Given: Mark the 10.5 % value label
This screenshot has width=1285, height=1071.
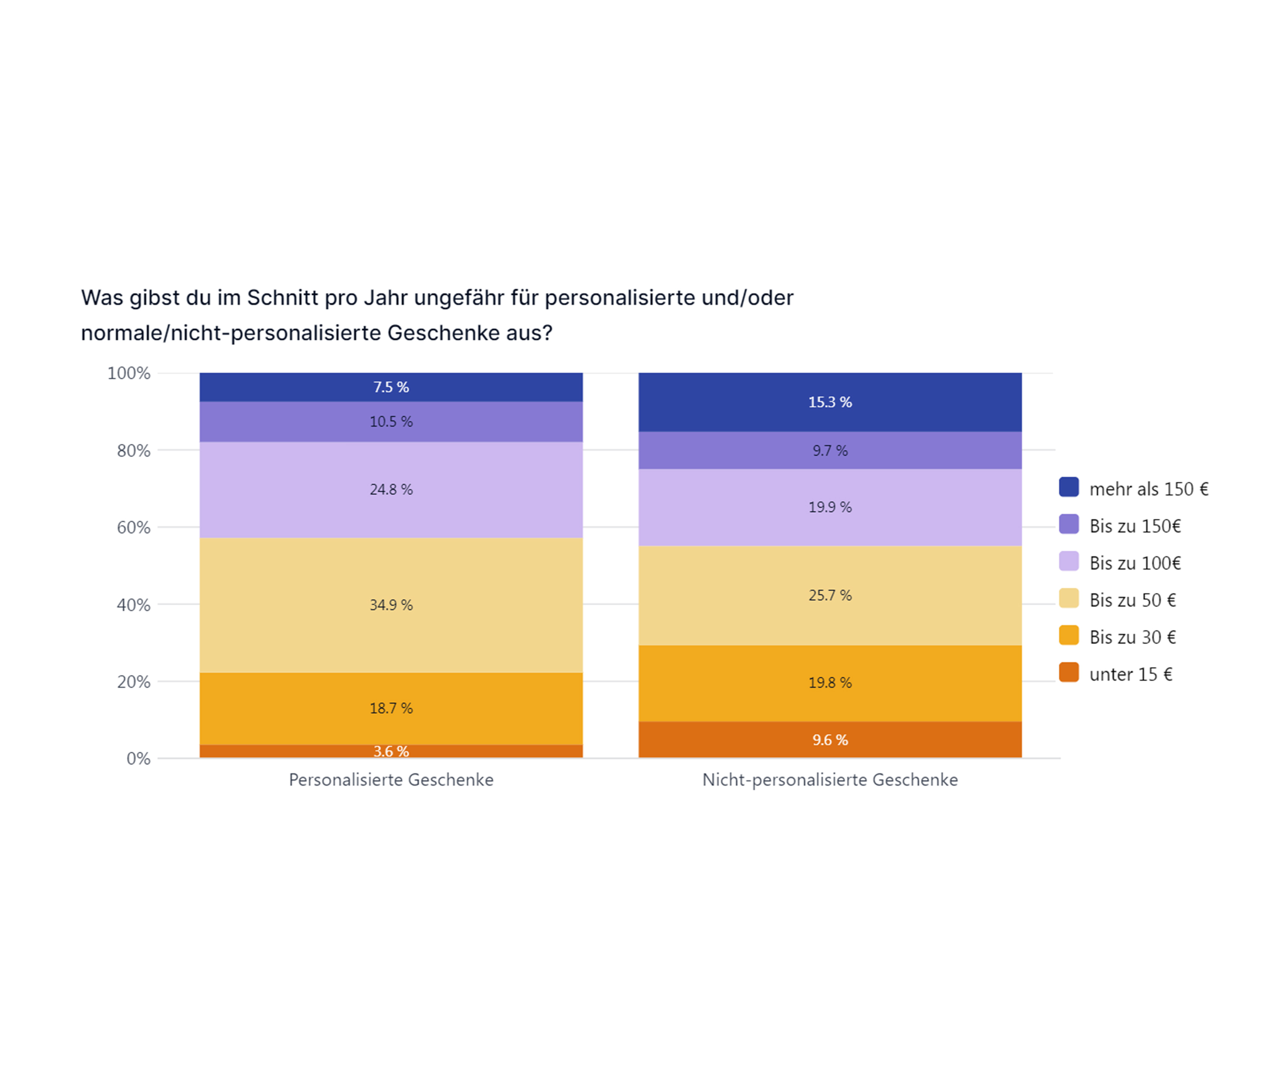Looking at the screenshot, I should pos(391,422).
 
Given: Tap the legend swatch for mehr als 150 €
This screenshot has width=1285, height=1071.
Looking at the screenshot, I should pos(1068,487).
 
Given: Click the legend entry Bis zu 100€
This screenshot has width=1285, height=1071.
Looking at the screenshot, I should pos(1135,563).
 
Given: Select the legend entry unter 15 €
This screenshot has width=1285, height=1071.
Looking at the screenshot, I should pos(1130,674).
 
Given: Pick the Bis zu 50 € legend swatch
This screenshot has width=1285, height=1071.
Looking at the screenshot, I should pos(1068,598).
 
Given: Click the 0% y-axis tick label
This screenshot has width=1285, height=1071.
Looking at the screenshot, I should pos(138,759).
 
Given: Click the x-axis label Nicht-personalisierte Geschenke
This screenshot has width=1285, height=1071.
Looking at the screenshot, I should pos(830,780).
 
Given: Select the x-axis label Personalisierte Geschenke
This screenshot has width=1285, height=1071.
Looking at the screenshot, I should pos(391,780).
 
